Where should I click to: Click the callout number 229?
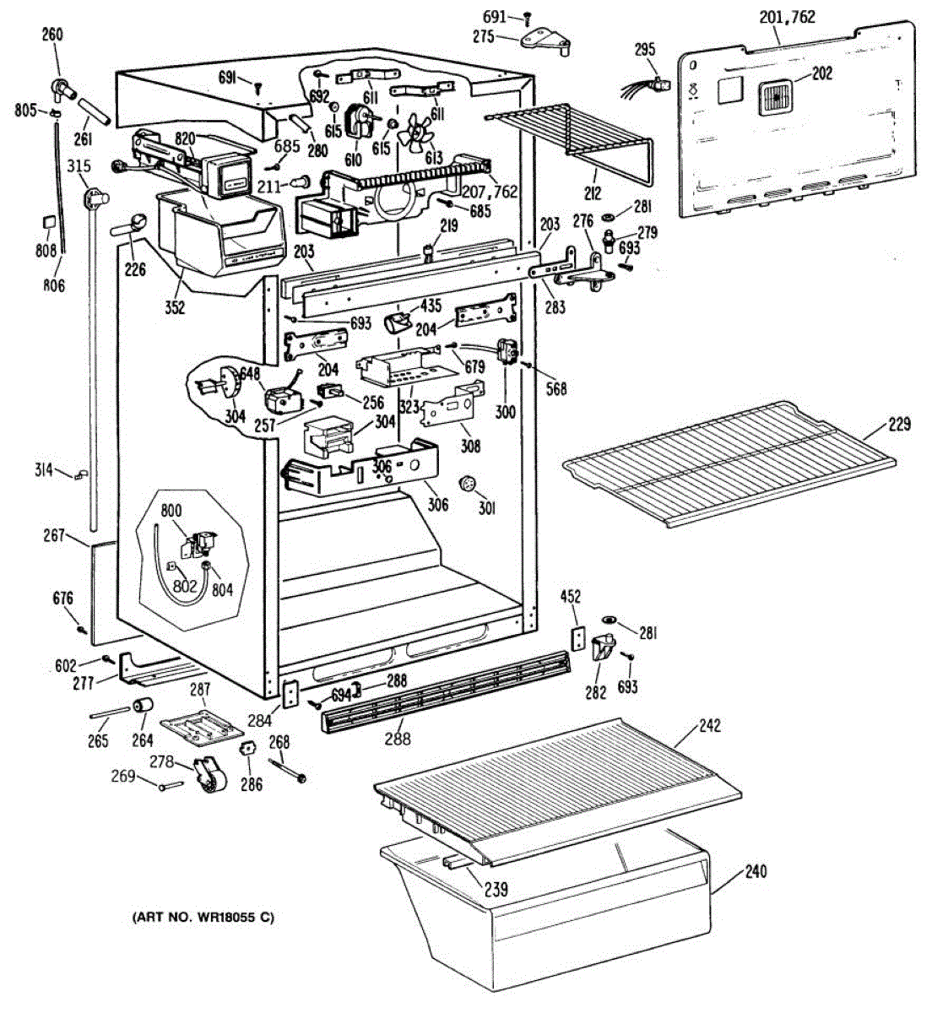pyautogui.click(x=900, y=424)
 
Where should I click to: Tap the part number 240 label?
pyautogui.click(x=756, y=871)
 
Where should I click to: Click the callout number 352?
pyautogui.click(x=174, y=307)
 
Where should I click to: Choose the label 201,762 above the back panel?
pyautogui.click(x=787, y=17)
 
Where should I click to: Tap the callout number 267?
pyautogui.click(x=54, y=534)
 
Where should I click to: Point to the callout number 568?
pyautogui.click(x=555, y=388)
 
